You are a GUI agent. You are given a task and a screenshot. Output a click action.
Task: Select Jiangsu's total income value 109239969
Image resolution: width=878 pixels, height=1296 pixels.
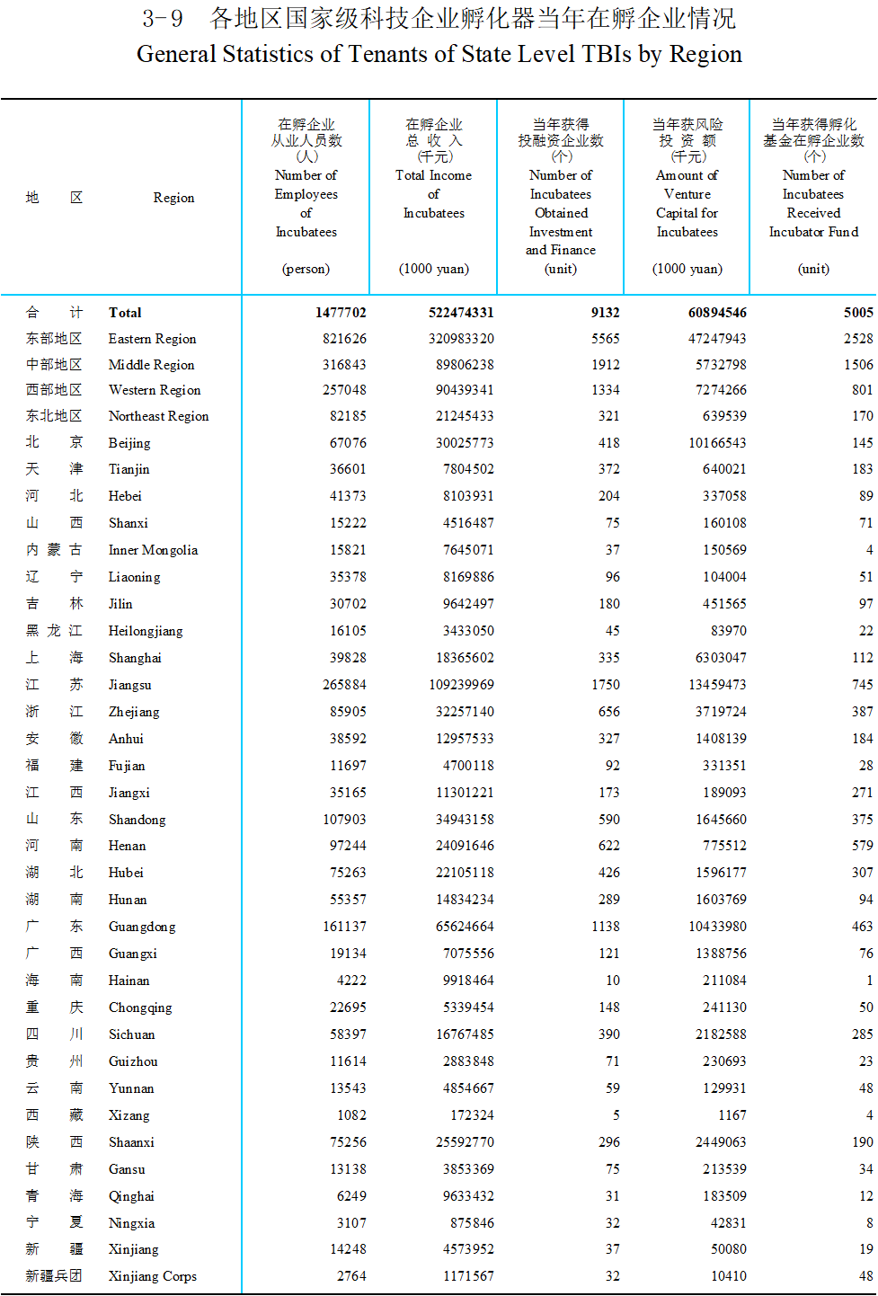tap(461, 685)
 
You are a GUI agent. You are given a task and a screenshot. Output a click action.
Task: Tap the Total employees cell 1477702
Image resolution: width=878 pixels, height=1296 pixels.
tap(341, 313)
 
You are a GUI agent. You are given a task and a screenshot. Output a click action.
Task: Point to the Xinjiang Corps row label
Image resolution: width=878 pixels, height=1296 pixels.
tap(152, 1276)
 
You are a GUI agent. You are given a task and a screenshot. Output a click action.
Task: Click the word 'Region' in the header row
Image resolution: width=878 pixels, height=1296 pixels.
tap(173, 198)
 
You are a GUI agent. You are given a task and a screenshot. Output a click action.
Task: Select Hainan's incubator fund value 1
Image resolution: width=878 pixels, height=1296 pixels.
tap(869, 981)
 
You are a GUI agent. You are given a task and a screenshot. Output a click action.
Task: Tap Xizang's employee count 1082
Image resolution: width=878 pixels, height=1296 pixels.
tap(351, 1115)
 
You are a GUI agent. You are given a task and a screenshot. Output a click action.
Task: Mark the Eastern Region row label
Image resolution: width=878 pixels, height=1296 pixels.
tap(152, 339)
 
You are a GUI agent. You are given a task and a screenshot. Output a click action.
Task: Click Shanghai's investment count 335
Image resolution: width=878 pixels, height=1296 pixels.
tap(608, 658)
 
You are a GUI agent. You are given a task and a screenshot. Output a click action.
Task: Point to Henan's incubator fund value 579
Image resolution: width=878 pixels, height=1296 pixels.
tap(863, 846)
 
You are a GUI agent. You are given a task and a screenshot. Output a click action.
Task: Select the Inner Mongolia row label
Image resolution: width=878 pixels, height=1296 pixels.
tap(153, 550)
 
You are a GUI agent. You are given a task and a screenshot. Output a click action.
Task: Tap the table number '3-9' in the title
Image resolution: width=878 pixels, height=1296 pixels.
tap(163, 19)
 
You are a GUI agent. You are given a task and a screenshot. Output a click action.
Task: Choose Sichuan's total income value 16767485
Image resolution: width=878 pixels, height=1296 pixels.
tap(465, 1034)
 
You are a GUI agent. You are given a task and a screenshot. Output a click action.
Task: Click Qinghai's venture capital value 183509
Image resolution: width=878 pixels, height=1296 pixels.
tap(724, 1196)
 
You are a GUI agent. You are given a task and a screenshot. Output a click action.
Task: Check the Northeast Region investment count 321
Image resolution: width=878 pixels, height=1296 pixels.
tap(608, 416)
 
